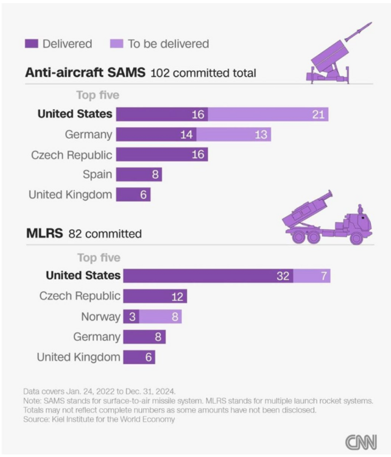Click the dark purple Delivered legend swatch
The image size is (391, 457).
(31, 44)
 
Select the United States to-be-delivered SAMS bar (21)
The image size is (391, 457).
(268, 114)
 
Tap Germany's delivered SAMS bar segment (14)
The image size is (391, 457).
(156, 135)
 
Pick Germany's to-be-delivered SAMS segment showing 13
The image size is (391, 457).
(233, 135)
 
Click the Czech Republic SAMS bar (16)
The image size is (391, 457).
(161, 154)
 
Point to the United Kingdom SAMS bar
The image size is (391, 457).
(133, 194)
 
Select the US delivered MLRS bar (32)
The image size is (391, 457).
(207, 275)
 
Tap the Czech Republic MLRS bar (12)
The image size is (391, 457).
(155, 296)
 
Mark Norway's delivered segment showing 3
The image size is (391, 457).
(131, 316)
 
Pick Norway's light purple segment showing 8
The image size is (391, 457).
(160, 316)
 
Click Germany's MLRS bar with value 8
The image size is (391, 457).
(144, 336)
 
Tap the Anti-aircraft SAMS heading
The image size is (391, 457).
(85, 73)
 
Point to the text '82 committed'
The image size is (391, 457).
(105, 233)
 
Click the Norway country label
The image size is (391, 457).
(100, 316)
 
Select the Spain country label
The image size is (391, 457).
(97, 174)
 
